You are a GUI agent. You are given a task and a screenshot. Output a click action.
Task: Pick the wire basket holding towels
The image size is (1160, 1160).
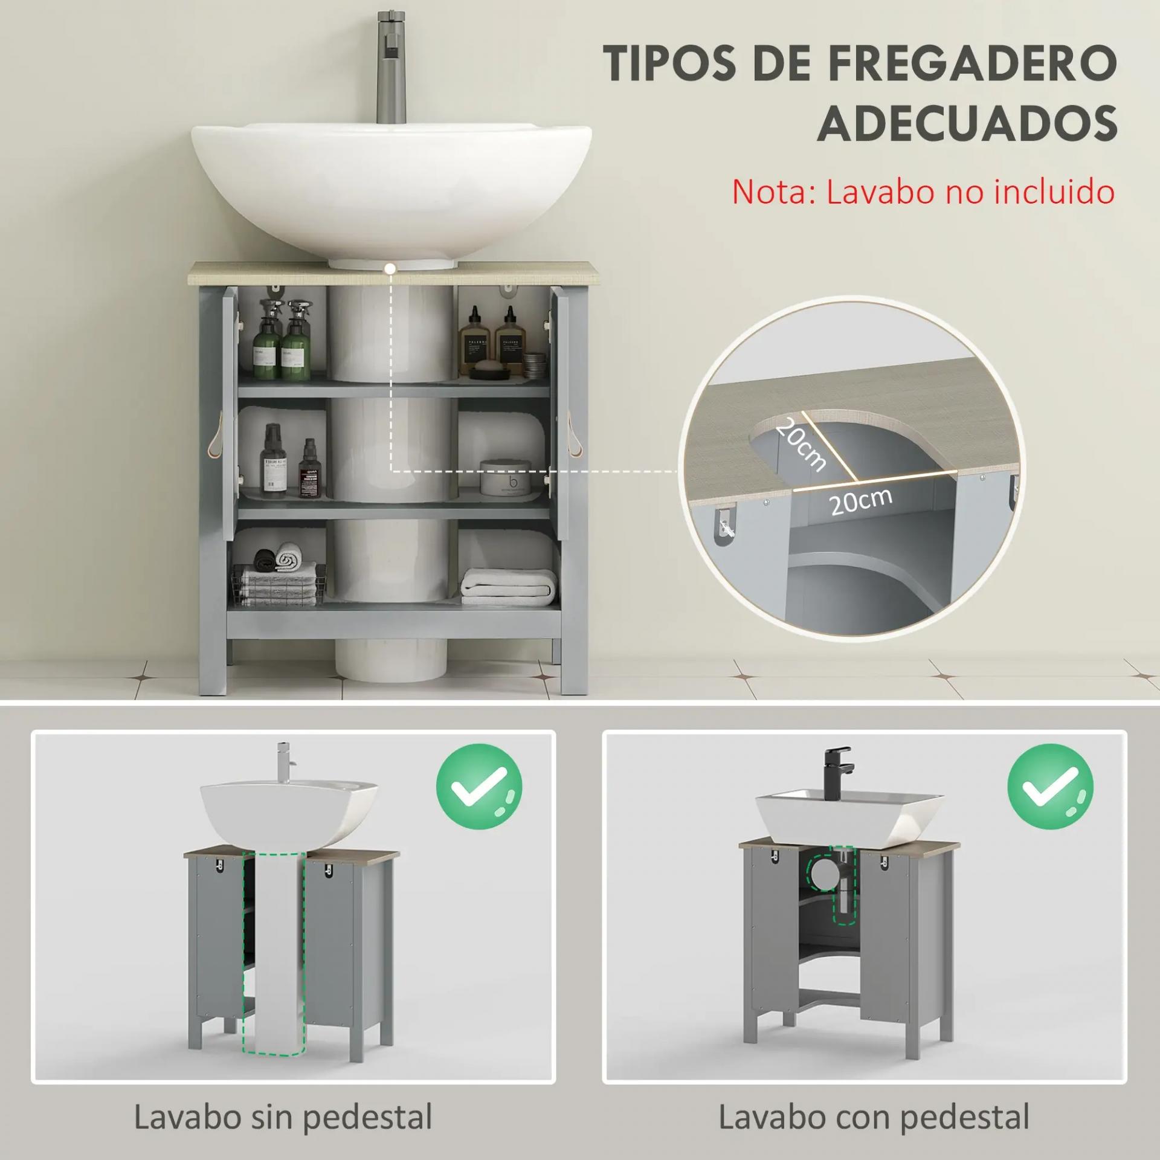(x=275, y=585)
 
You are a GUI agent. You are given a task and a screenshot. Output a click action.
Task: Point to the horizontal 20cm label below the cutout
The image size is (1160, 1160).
(x=860, y=501)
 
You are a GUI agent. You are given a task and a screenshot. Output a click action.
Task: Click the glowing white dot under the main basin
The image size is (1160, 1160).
(x=391, y=267)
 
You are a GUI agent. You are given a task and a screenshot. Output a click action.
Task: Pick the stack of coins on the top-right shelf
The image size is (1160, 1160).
(x=533, y=366)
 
